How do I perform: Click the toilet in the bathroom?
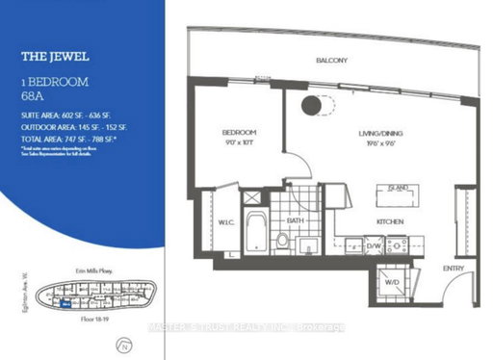click(282, 238)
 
